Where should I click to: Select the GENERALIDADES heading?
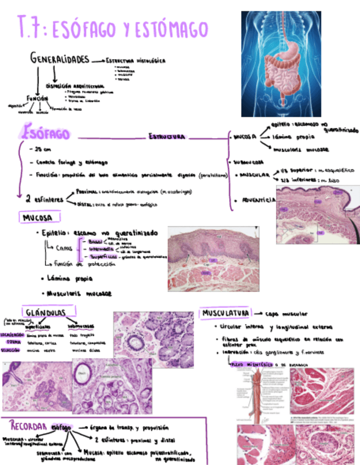tap(60, 58)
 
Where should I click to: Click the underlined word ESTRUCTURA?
tap(167, 137)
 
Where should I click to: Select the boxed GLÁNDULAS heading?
tap(50, 312)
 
